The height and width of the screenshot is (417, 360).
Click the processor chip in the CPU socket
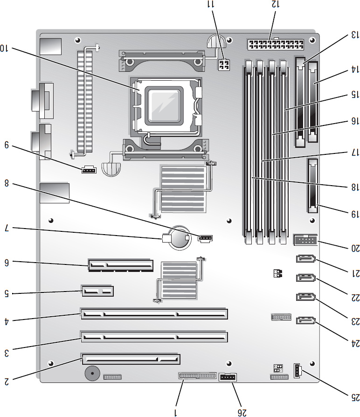pos(165,106)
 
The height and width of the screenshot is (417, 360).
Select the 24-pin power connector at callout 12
pos(276,44)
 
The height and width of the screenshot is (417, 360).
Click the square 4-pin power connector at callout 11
pos(224,65)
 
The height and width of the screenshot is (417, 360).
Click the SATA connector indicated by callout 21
pos(306,259)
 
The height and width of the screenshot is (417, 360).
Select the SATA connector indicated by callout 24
pos(306,320)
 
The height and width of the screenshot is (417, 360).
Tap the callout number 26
pos(242,413)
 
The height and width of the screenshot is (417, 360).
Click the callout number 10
pos(5,49)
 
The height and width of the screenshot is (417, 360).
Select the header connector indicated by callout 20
pos(305,240)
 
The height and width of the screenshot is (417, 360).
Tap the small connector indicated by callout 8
pos(205,239)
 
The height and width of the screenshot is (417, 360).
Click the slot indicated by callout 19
pos(313,186)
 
